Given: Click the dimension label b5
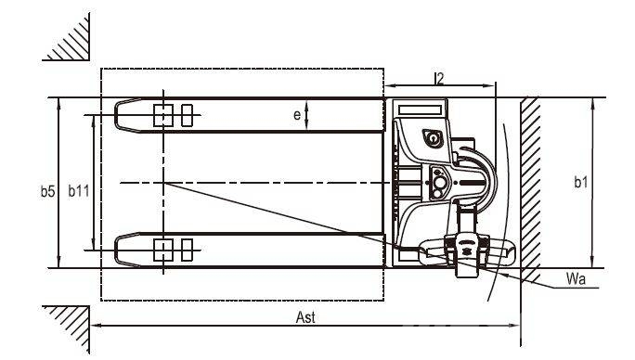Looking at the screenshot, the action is coord(47,191).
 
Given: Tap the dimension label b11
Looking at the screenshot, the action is coord(78,191).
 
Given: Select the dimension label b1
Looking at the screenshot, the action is coord(581,182).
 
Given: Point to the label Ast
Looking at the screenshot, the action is coord(305,317).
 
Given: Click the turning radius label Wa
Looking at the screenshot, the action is coord(576,279).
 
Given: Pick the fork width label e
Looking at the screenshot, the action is coord(297,115).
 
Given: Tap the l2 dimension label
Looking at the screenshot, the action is coord(439,78).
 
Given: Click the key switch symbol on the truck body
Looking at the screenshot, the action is coord(433,138).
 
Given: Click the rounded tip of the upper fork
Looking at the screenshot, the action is coord(116,115).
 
